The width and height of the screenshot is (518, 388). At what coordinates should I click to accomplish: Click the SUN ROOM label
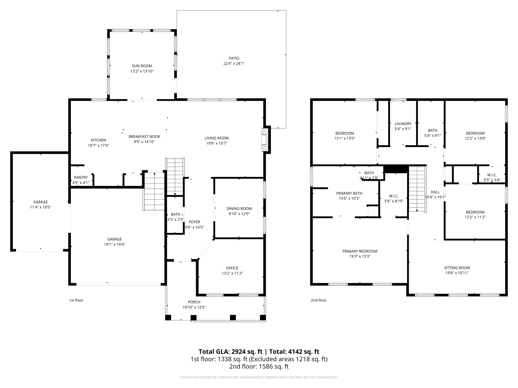point(142,66)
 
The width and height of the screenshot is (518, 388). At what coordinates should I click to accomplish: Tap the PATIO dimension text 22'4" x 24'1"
point(234,64)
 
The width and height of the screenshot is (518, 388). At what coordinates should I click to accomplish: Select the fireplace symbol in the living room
point(265,140)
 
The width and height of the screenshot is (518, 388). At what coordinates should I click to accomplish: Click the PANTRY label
point(81,177)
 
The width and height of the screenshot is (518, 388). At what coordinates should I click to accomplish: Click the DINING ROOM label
point(239,208)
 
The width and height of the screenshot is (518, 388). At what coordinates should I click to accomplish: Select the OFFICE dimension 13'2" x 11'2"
point(232,273)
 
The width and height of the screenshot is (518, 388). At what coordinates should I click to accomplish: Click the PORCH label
point(194,302)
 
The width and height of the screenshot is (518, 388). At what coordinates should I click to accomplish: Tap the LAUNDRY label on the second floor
point(403,124)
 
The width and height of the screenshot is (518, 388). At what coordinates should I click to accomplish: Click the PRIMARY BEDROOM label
point(360,251)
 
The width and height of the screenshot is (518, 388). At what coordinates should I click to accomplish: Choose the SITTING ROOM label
point(457,268)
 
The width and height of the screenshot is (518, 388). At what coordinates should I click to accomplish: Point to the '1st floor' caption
point(76,300)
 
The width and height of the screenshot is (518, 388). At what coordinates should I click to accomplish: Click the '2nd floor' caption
point(318,300)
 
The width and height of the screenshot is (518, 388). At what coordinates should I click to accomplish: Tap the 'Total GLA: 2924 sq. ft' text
point(230,352)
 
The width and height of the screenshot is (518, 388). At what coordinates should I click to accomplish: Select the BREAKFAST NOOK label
point(144,136)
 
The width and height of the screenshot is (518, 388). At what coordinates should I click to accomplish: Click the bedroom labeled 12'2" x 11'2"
point(475,214)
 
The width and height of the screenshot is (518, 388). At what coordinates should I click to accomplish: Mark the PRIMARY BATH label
point(349,193)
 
